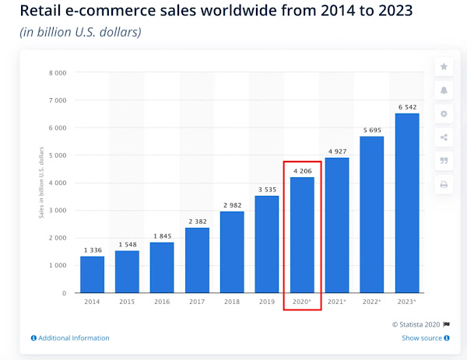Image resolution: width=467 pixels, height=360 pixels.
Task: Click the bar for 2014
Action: coord(92,274)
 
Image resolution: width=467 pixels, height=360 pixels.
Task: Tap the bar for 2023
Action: coord(407,203)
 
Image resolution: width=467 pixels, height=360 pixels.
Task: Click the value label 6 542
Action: coord(407,105)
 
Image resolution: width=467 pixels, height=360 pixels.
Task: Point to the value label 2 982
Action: coord(232,203)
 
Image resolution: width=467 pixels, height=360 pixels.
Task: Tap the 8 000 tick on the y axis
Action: coord(58,73)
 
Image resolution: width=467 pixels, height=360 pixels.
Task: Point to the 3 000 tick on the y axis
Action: coord(58,211)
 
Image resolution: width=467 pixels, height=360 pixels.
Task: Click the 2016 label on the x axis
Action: coord(162,302)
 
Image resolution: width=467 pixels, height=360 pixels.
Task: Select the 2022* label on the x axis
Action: coord(372,302)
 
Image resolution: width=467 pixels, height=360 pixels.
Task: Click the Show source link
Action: coord(422,338)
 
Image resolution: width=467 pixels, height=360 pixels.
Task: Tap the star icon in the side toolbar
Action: coord(444,67)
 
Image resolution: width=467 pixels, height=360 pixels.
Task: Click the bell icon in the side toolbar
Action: coord(444,90)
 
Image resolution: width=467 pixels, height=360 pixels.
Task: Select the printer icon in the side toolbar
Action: coord(444,184)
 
